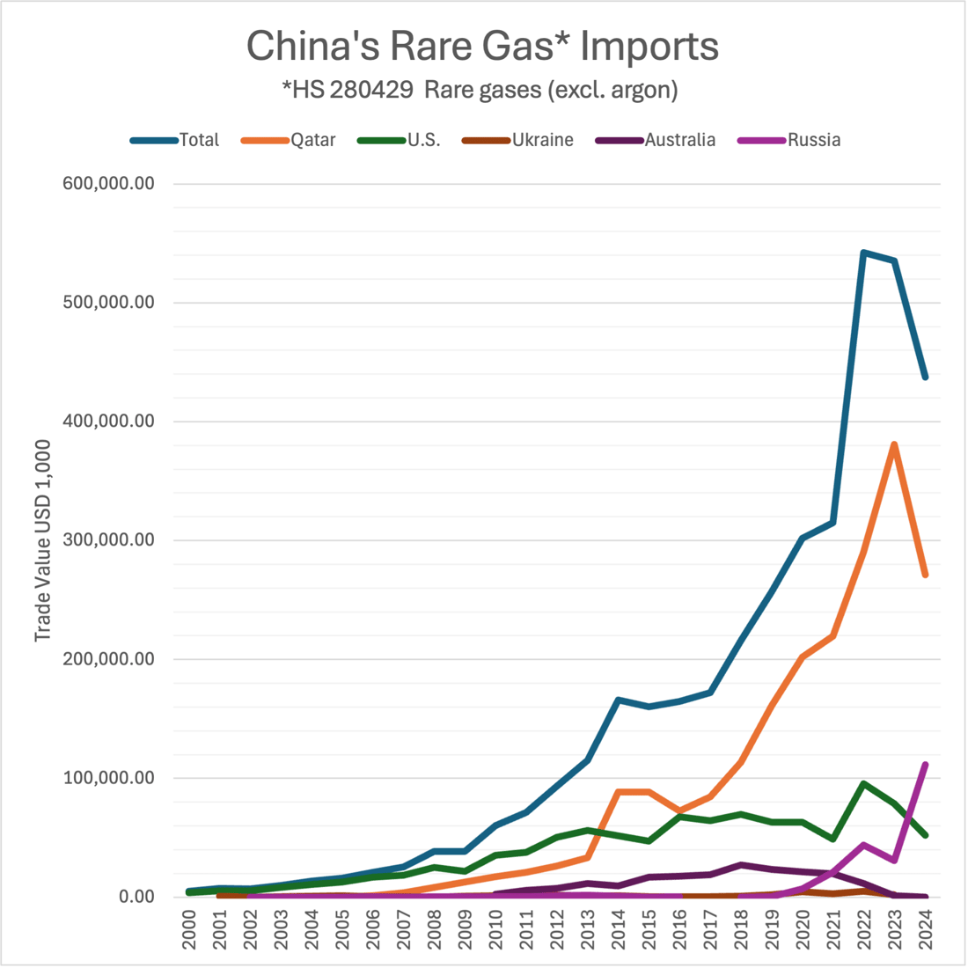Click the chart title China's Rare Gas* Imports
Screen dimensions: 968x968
click(482, 46)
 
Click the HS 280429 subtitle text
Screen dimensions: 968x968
click(480, 91)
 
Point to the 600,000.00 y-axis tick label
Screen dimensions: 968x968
click(109, 184)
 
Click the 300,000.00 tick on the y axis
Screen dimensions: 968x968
click(109, 540)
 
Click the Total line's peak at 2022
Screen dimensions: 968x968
click(864, 253)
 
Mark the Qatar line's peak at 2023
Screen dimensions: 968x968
click(894, 444)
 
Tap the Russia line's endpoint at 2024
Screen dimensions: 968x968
click(926, 765)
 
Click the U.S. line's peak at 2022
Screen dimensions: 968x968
click(864, 783)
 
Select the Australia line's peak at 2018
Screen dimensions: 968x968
click(742, 865)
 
